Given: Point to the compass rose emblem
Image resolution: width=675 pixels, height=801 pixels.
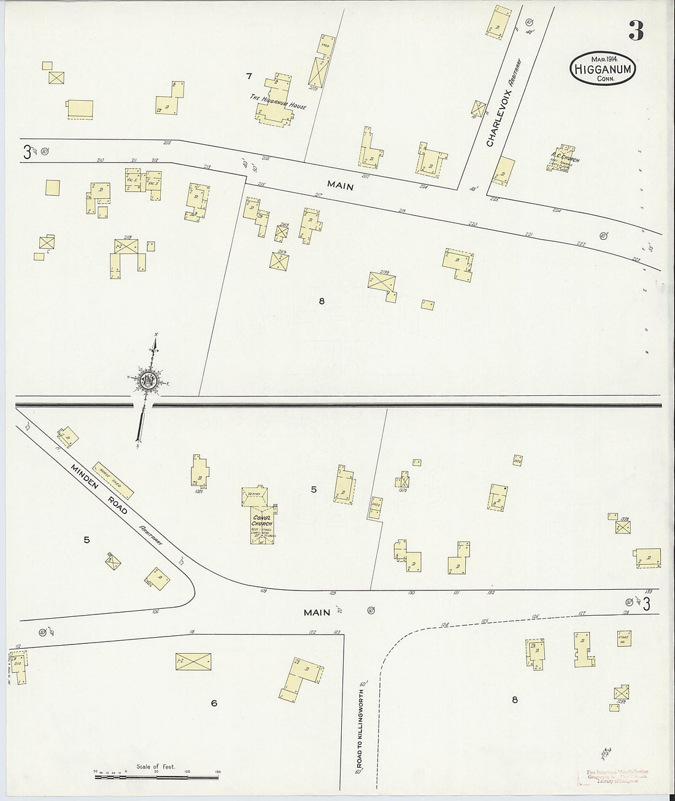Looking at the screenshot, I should [x=148, y=382].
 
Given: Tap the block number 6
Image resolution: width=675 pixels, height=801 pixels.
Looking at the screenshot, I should [x=214, y=703].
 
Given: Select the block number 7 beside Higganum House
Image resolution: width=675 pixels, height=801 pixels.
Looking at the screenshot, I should [x=249, y=76].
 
